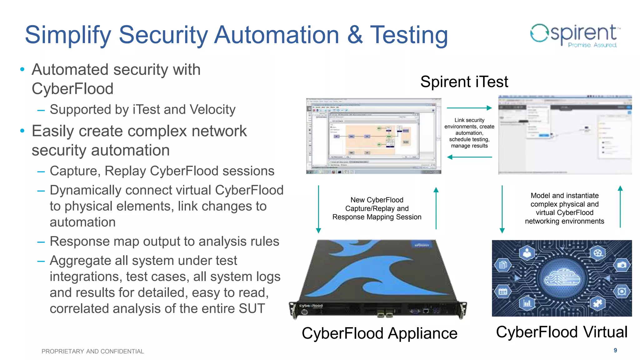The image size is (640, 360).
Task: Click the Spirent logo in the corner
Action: coord(575,35)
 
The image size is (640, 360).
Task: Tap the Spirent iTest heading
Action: coord(464,82)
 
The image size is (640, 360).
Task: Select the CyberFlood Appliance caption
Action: coord(379,333)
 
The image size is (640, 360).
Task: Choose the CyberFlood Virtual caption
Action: coord(562,332)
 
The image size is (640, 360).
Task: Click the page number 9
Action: coord(615,350)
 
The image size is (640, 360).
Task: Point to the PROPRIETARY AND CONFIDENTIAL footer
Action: coord(92,351)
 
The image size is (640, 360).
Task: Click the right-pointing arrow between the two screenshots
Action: coord(469,108)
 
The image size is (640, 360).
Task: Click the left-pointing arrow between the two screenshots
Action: coord(469,157)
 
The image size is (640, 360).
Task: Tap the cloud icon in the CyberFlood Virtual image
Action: coord(562,278)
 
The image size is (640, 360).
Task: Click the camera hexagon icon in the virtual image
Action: coord(622,265)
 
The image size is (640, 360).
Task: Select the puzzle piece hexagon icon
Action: coord(598,303)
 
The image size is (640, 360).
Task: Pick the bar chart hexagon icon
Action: coord(527,303)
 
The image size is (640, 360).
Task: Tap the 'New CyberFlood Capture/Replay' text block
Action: coord(377,208)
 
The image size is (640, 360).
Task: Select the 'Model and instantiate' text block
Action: coord(564,208)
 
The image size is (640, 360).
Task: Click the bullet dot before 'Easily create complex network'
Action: coord(22,131)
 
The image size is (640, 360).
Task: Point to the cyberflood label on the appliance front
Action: coord(311,306)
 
